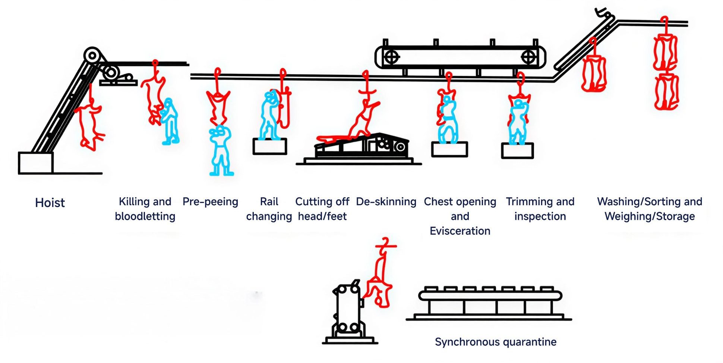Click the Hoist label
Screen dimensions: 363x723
(x=50, y=203)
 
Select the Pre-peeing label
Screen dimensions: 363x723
(x=210, y=201)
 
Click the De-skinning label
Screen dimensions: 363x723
(x=386, y=201)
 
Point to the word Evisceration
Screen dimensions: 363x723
(x=460, y=231)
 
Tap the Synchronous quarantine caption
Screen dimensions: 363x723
(x=495, y=342)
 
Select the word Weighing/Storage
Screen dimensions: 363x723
(x=650, y=216)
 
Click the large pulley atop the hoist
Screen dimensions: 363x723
(x=92, y=56)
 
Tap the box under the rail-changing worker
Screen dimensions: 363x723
(x=269, y=146)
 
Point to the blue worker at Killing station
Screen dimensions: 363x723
(x=170, y=121)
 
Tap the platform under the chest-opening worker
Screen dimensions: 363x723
(x=449, y=149)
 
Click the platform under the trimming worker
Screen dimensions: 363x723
(x=517, y=151)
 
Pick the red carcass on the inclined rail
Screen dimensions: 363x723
(x=594, y=73)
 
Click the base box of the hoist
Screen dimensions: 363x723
(x=36, y=163)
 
